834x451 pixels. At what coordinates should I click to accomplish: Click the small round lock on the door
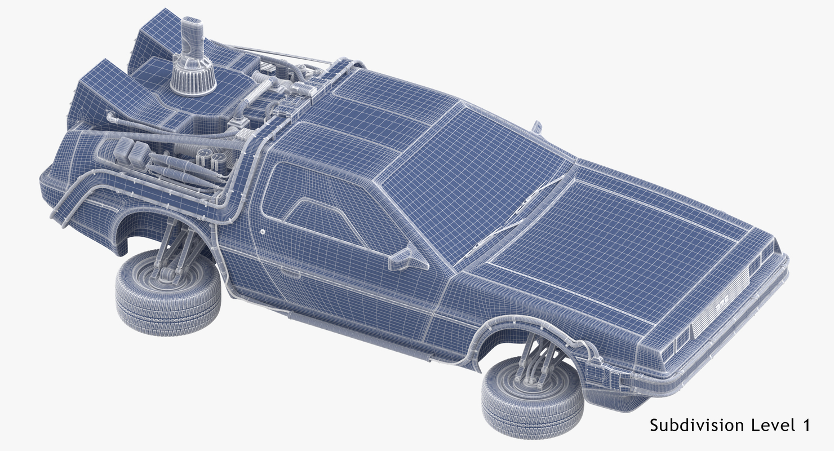263,231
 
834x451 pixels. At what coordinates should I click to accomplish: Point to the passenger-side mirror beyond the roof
537,127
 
